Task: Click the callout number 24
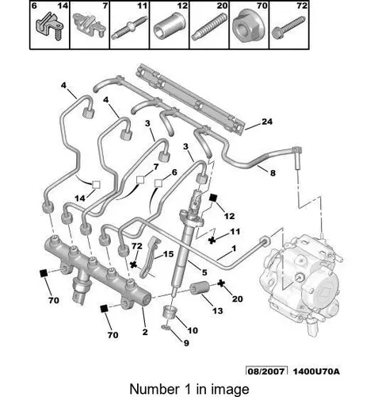click(267, 121)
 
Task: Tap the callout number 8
click(273, 173)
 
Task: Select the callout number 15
click(168, 254)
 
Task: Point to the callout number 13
click(217, 310)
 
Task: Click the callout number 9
click(186, 343)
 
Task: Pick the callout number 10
click(193, 330)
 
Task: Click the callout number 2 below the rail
click(145, 332)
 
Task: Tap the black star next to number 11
click(212, 241)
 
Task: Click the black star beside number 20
click(221, 283)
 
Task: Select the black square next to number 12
click(213, 198)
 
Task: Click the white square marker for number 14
click(96, 184)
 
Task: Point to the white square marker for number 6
click(158, 183)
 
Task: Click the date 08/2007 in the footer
click(266, 371)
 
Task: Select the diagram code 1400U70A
click(316, 371)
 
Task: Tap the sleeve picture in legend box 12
click(168, 26)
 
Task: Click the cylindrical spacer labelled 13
click(200, 289)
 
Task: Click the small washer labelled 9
click(166, 328)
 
